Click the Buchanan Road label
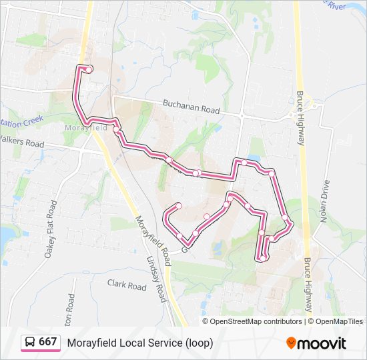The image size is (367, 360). pyautogui.click(x=191, y=107)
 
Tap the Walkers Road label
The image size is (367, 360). pyautogui.click(x=21, y=142)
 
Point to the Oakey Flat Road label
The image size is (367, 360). pyautogui.click(x=50, y=227)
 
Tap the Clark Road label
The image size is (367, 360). pyautogui.click(x=127, y=286)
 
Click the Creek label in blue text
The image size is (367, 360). pyautogui.click(x=31, y=121)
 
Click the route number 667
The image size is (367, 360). pyautogui.click(x=47, y=342)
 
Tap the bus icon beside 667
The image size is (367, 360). pyautogui.click(x=30, y=343)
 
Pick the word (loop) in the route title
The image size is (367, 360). pyautogui.click(x=200, y=343)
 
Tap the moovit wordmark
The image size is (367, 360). pyautogui.click(x=322, y=343)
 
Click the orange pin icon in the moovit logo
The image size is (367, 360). pyautogui.click(x=291, y=343)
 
